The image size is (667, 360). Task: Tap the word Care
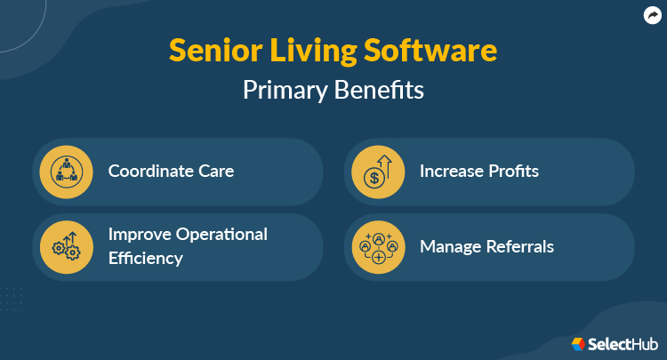click(214, 171)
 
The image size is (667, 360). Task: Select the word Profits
click(514, 171)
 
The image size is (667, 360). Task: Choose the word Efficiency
click(146, 259)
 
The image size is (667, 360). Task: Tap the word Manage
click(450, 247)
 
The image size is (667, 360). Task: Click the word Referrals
click(518, 247)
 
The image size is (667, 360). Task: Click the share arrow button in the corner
click(652, 14)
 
